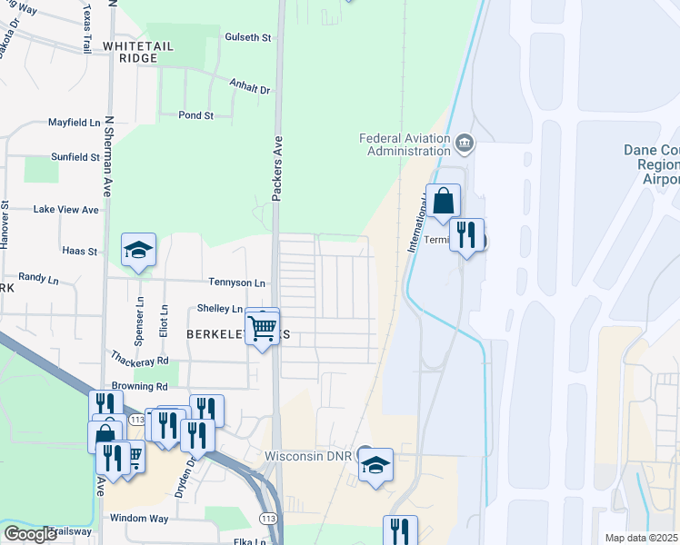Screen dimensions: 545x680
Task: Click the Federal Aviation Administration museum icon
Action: click(x=465, y=142)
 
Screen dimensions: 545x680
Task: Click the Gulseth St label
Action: click(x=248, y=37)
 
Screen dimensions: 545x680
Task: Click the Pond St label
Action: click(x=195, y=115)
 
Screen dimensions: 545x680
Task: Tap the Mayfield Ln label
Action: click(x=75, y=122)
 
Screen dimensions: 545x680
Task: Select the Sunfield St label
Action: click(x=75, y=156)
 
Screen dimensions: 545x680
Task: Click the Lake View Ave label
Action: click(x=65, y=209)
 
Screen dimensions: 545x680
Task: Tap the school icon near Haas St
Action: click(x=138, y=250)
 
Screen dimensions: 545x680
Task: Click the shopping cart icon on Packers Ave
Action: click(x=263, y=326)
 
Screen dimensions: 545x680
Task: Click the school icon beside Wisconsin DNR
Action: click(x=375, y=465)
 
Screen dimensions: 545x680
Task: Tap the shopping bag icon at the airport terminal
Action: click(x=443, y=202)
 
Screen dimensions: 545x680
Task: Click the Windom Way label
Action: click(x=139, y=518)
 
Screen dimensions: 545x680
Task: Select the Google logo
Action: click(x=30, y=534)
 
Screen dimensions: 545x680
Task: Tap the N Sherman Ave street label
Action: click(x=108, y=169)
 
